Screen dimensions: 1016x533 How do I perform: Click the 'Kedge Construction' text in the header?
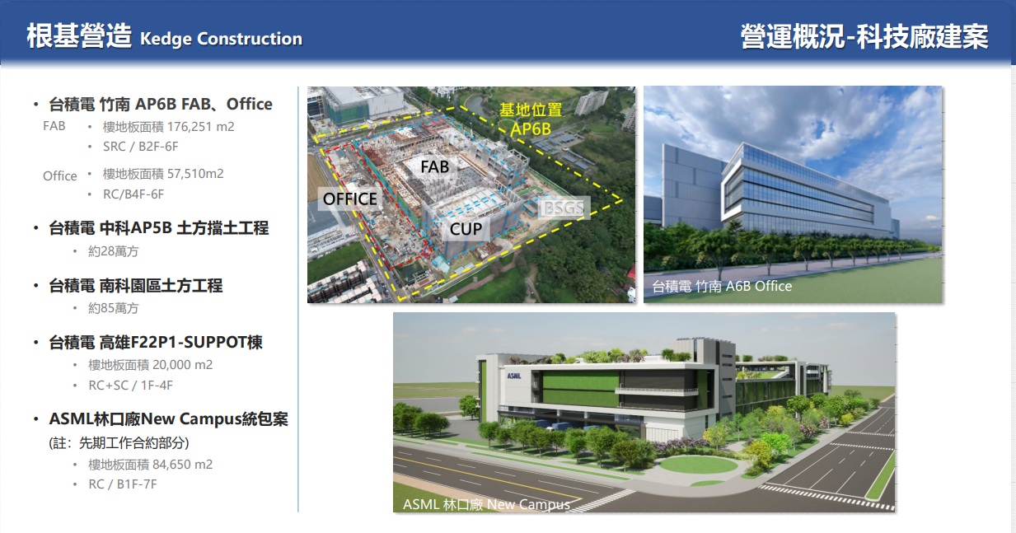221,39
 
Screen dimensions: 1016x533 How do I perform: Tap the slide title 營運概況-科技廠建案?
864,36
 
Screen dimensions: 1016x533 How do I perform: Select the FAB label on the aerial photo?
434,167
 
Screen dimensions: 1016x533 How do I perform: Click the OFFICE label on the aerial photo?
349,199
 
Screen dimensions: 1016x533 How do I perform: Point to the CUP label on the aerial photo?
466,229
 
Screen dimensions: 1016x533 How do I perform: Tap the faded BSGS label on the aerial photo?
564,208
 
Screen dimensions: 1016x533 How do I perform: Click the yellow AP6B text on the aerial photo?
530,129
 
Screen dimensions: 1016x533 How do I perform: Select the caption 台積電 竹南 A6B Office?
722,286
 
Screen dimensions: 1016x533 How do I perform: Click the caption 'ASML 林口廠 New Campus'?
486,504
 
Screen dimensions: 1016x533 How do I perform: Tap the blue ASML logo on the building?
514,376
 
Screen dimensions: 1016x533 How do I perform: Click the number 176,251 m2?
200,127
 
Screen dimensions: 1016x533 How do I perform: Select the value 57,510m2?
195,174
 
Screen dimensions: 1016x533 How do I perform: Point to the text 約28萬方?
114,251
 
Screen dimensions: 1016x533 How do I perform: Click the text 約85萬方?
114,308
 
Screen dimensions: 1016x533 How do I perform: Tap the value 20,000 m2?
182,365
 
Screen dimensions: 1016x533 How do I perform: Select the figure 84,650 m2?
182,465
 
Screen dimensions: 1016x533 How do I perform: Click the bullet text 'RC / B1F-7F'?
123,484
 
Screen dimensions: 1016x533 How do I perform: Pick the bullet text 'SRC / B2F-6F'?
141,147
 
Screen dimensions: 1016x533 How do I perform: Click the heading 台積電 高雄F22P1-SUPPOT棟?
156,343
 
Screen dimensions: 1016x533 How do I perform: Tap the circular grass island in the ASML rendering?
698,465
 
